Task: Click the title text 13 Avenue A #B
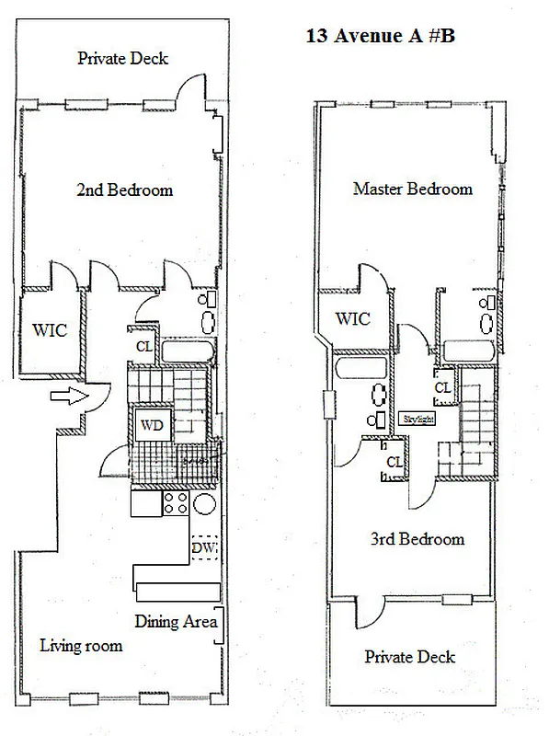[379, 39]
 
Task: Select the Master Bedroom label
[412, 189]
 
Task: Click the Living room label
[81, 645]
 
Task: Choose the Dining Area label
[176, 621]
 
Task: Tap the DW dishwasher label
[203, 549]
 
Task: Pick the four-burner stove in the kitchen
[176, 502]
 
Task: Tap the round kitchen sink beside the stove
[205, 503]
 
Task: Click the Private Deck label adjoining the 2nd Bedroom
[122, 58]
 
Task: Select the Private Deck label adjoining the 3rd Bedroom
[409, 657]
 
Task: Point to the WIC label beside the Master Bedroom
[352, 318]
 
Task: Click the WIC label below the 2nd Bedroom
[50, 331]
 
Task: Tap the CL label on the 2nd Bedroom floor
[143, 347]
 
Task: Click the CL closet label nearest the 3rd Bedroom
[394, 462]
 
